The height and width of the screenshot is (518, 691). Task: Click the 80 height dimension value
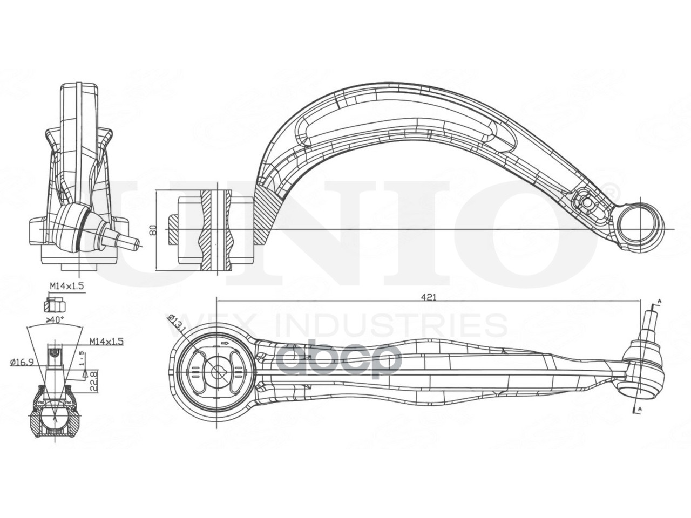coord(153,229)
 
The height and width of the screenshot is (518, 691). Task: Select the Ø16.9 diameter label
coord(23,362)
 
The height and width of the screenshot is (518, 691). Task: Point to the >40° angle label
coord(55,320)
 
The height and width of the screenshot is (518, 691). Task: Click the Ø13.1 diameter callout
coord(177,324)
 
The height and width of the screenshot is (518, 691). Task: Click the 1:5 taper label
coord(81,358)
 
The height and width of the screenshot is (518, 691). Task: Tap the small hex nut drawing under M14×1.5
coord(54,304)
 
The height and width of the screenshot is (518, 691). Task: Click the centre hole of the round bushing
coord(218,371)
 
